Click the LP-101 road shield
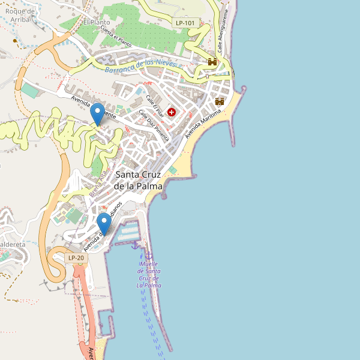pyautogui.click(x=185, y=23)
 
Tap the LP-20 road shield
pyautogui.click(x=76, y=258)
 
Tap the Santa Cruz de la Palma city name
pyautogui.click(x=139, y=181)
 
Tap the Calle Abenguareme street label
pyautogui.click(x=223, y=30)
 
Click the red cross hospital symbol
pyautogui.click(x=172, y=112)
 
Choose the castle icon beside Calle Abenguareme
pyautogui.click(x=212, y=62)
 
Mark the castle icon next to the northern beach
pyautogui.click(x=220, y=101)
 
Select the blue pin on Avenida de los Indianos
pyautogui.click(x=104, y=224)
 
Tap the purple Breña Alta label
pyautogui.click(x=98, y=184)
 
